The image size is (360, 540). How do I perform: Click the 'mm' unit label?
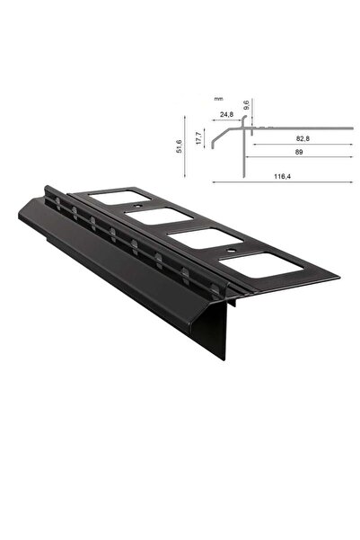217,101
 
